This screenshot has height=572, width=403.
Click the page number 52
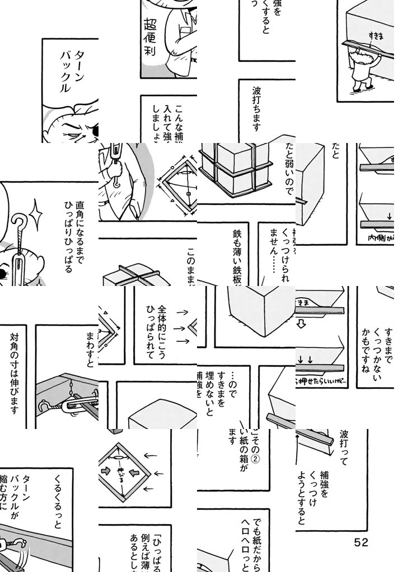click(x=360, y=542)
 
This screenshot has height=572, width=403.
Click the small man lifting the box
click(x=365, y=70)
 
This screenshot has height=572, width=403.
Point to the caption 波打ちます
click(x=256, y=109)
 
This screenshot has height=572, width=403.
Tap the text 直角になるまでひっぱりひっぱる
click(x=74, y=237)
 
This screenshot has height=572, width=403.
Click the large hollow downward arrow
click(x=301, y=324)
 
